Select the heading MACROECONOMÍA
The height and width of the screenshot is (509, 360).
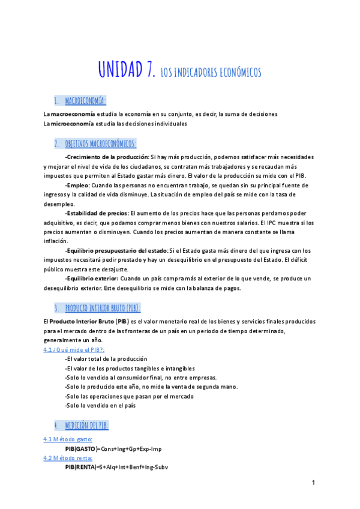pyautogui.click(x=85, y=100)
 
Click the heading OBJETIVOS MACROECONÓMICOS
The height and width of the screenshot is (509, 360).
pyautogui.click(x=100, y=143)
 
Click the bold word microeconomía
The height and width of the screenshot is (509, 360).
pyautogui.click(x=72, y=124)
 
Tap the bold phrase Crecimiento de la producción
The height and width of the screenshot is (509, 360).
pyautogui.click(x=107, y=157)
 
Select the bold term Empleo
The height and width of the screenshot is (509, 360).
pyautogui.click(x=78, y=185)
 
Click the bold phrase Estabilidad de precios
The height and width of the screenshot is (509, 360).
pyautogui.click(x=97, y=212)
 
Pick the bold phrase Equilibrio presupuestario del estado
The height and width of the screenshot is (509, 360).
pyautogui.click(x=116, y=250)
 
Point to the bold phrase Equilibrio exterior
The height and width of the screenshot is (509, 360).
pyautogui.click(x=92, y=279)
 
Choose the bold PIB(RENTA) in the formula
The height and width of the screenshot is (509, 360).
pyautogui.click(x=80, y=466)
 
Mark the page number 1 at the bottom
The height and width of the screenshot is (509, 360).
pyautogui.click(x=313, y=483)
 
